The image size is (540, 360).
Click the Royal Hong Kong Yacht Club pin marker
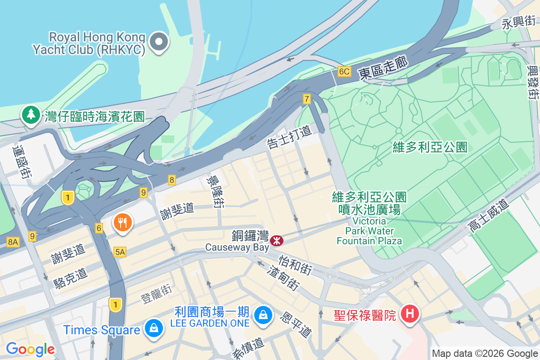click(158, 42)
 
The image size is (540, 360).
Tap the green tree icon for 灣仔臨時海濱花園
click(31, 114)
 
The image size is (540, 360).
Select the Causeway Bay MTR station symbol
click(276, 241)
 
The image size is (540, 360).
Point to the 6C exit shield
click(344, 72)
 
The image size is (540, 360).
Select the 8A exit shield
click(13, 242)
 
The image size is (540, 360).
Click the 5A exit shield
click(120, 252)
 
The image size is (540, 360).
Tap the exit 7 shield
click(307, 99)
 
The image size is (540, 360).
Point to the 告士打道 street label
click(289, 137)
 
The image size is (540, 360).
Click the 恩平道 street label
click(296, 325)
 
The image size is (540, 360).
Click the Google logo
click(30, 349)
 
